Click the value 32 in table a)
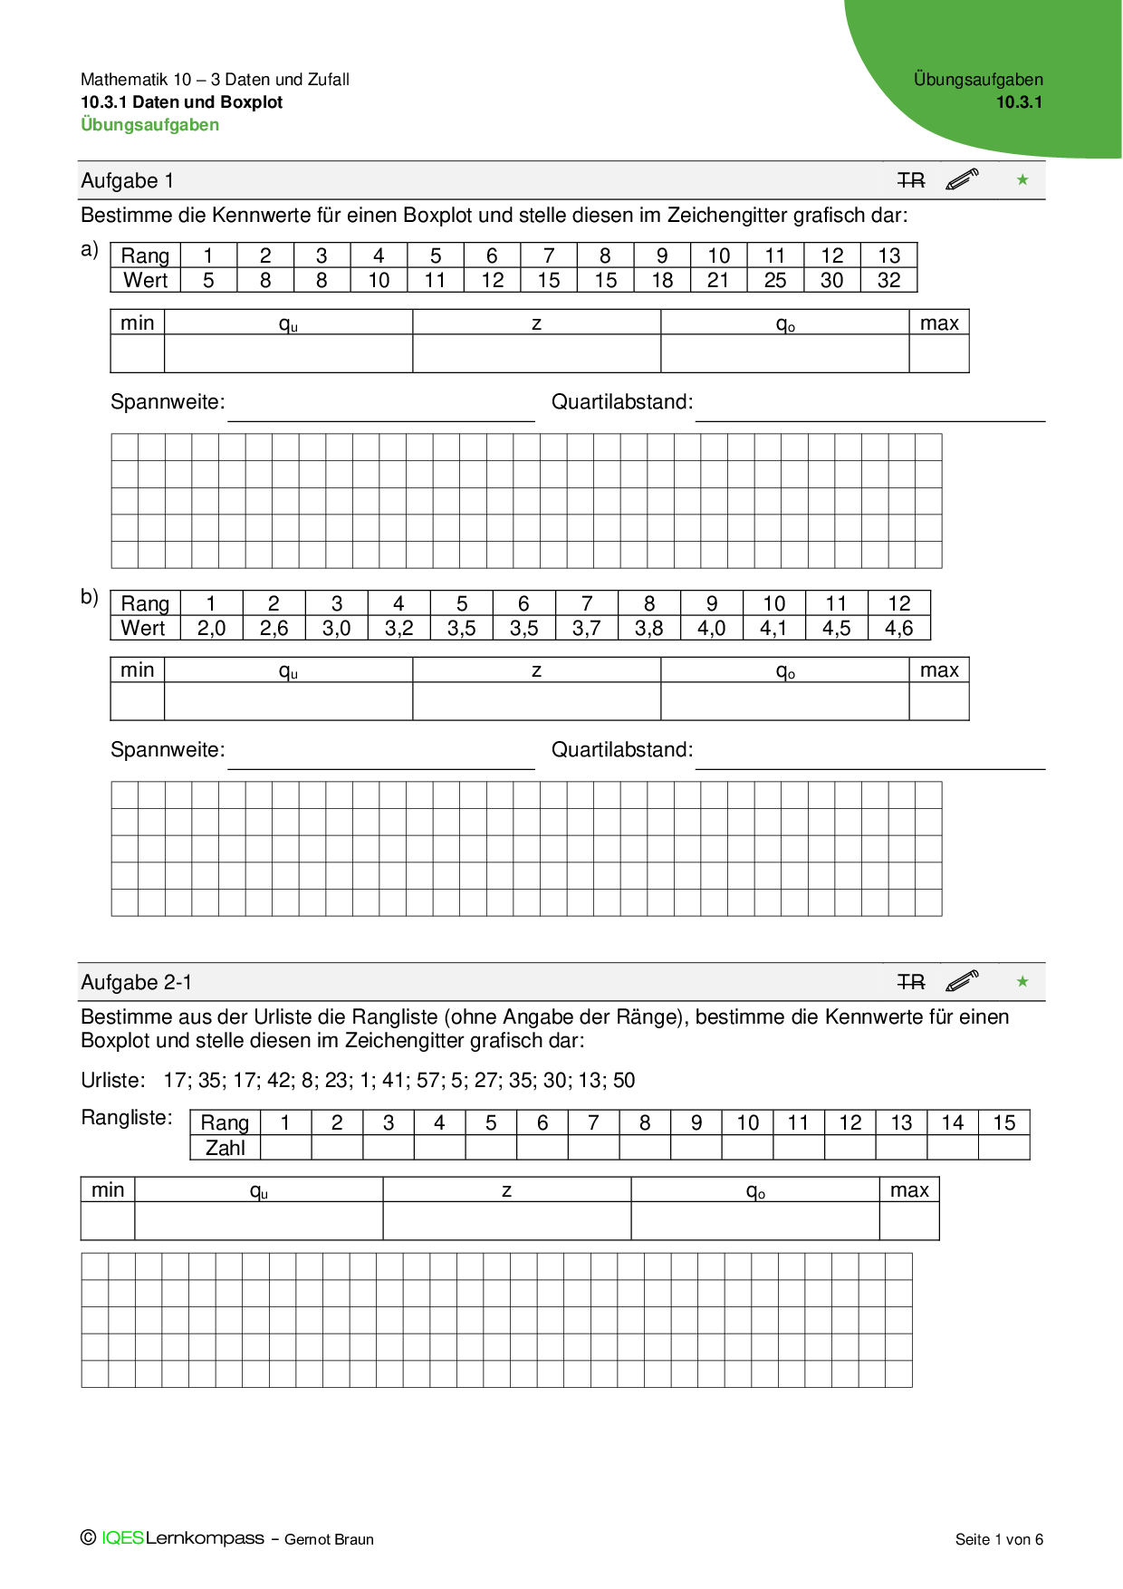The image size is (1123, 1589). tap(888, 280)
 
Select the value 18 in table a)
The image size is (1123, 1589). tap(662, 280)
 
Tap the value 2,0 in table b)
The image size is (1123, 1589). tap(211, 628)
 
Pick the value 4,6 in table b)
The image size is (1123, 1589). tap(898, 628)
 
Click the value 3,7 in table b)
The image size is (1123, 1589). tap(586, 628)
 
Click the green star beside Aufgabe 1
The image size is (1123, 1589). tap(1022, 180)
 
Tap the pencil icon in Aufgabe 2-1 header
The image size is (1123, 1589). tap(962, 981)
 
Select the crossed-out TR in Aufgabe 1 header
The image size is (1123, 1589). tap(911, 180)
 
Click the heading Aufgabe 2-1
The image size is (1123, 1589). tap(137, 982)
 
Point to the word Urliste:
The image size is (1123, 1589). tap(113, 1080)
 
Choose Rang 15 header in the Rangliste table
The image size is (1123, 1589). tap(1003, 1122)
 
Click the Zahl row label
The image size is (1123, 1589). tap(226, 1148)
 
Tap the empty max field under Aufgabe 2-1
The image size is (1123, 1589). tap(908, 1220)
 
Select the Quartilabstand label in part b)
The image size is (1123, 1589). tap(622, 749)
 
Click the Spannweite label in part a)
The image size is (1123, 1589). tap(168, 401)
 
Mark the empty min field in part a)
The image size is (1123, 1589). tap(137, 353)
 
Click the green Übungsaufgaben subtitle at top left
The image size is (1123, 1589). tap(150, 125)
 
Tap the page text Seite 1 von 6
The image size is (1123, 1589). tap(999, 1539)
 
